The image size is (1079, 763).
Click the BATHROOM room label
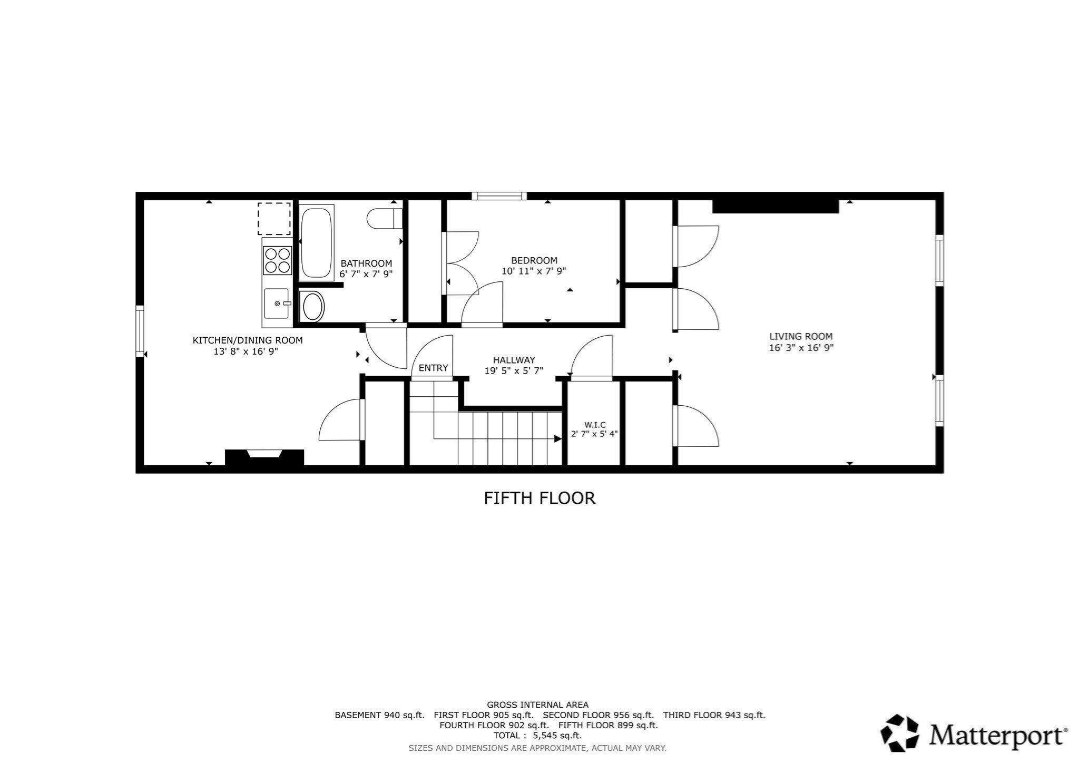366,263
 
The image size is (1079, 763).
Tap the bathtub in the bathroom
316,242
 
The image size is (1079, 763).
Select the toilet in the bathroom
385,219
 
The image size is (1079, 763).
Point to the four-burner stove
278,260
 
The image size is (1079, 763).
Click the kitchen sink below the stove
277,304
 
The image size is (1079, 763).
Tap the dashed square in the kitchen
274,218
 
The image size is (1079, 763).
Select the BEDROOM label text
534,260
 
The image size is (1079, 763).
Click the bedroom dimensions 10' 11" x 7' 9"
534,271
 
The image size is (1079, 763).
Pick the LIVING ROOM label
801,336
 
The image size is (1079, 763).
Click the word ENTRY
433,368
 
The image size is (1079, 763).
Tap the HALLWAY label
514,360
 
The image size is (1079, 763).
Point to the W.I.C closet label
595,425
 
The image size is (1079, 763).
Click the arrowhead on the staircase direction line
557,438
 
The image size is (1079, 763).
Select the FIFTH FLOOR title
539,498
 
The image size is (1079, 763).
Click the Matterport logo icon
901,732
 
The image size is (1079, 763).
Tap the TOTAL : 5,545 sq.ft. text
537,736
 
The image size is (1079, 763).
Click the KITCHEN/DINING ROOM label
248,340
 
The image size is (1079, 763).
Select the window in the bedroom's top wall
499,196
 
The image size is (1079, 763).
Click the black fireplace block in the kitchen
264,457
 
